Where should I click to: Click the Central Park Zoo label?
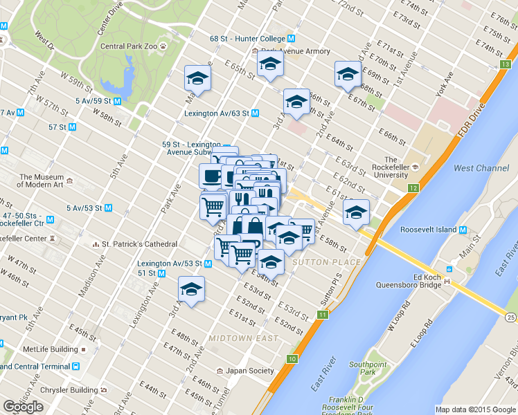[129, 47]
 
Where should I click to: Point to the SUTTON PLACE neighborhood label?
[326, 262]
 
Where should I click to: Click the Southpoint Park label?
[367, 369]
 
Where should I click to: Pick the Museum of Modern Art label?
[42, 181]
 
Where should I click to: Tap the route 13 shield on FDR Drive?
[504, 64]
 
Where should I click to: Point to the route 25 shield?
[510, 317]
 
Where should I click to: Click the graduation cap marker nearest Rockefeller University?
[357, 213]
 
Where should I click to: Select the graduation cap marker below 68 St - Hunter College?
[270, 66]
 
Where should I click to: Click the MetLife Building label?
[51, 349]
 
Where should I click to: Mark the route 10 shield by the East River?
[293, 359]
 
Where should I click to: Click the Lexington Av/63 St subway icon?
[256, 113]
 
